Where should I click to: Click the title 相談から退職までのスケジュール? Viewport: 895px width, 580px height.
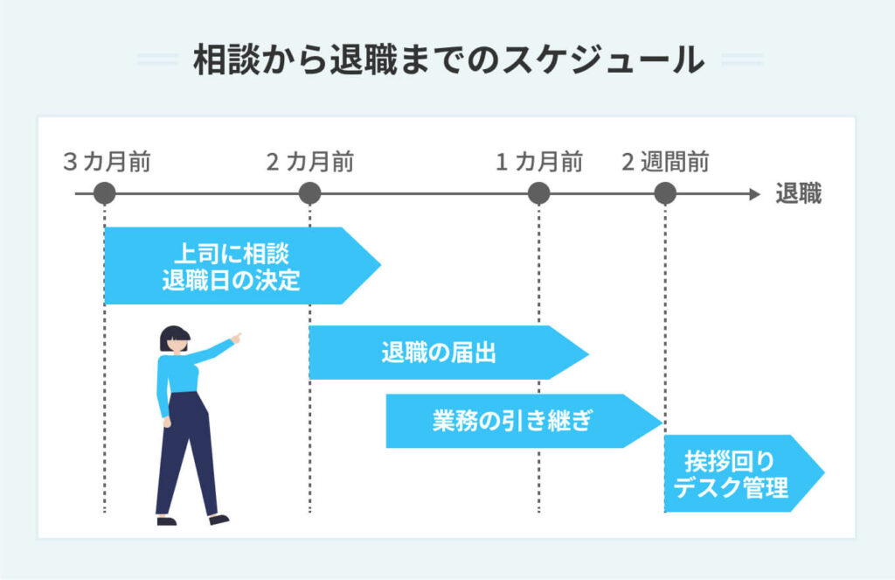click(448, 60)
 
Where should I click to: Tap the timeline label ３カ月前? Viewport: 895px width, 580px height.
click(107, 162)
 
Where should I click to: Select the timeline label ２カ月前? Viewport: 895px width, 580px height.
click(309, 162)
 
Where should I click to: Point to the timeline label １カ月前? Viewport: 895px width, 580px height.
click(539, 162)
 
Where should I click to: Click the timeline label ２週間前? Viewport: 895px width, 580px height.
click(665, 162)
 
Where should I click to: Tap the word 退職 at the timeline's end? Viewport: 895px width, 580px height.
click(798, 194)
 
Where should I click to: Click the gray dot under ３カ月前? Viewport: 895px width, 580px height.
click(104, 193)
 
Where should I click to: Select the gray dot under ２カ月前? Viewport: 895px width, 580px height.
click(309, 193)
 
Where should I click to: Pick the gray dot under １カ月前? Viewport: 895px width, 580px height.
click(539, 193)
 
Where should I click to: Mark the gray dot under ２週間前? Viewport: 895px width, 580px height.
click(665, 193)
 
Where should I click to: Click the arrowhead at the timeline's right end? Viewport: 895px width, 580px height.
click(755, 193)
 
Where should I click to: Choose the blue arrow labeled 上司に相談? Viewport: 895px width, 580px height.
click(236, 266)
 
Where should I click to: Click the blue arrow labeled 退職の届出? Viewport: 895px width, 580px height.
click(441, 353)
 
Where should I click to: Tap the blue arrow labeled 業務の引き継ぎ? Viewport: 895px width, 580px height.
click(516, 421)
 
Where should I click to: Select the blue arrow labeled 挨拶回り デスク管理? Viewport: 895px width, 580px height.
click(739, 473)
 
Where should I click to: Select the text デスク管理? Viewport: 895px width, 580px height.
click(739, 487)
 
